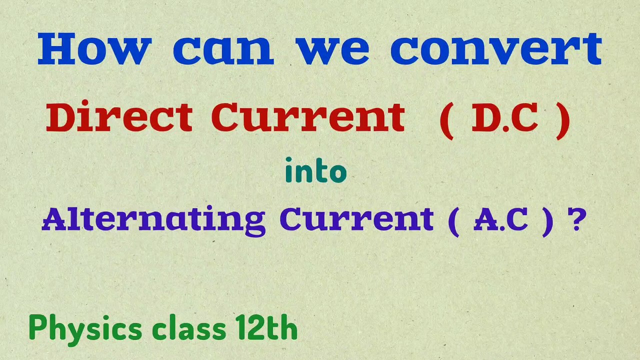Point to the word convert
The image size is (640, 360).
(496, 50)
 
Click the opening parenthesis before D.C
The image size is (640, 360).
(446, 120)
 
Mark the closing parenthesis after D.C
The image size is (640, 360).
(562, 120)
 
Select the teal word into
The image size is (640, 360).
(315, 171)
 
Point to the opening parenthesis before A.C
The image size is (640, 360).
(453, 221)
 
